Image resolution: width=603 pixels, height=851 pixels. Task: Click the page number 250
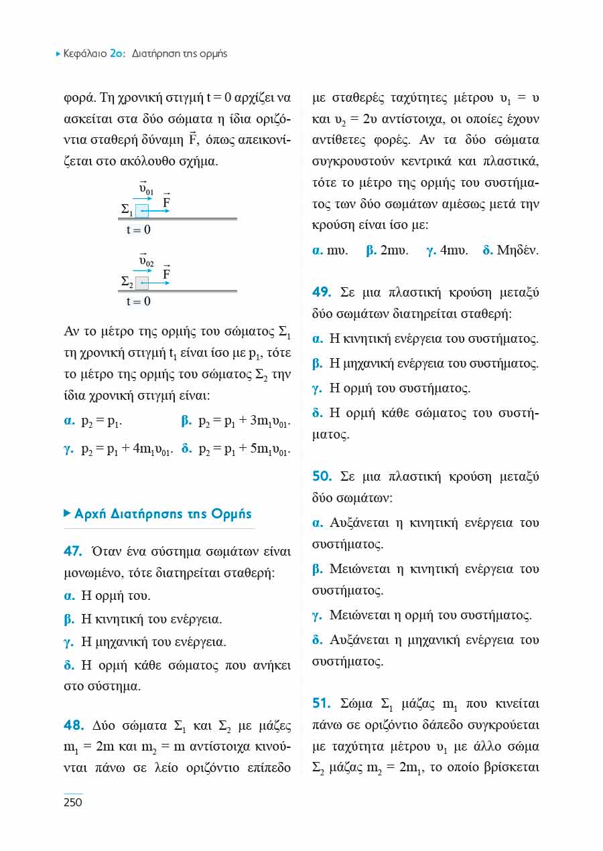click(72, 802)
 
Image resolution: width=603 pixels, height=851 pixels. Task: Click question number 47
click(72, 552)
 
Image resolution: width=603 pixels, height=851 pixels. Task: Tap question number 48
click(72, 726)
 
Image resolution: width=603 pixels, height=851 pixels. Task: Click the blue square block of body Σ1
click(142, 210)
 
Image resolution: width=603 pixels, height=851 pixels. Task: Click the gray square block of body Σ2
click(142, 283)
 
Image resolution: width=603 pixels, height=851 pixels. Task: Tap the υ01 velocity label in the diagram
click(146, 189)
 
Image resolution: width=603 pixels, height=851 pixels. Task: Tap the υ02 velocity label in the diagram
click(146, 260)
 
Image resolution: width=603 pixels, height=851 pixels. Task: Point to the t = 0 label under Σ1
click(139, 230)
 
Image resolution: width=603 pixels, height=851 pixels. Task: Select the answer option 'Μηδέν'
click(517, 252)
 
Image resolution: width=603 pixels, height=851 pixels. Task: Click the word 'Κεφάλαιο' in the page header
click(85, 54)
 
